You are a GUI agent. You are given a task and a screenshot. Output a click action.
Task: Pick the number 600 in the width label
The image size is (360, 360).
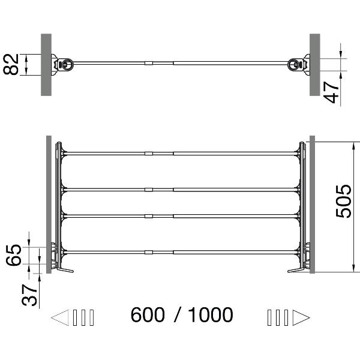(148, 314)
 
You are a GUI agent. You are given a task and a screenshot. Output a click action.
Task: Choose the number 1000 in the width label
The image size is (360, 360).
(210, 314)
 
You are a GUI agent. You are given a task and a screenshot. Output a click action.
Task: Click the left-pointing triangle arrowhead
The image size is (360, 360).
(61, 317)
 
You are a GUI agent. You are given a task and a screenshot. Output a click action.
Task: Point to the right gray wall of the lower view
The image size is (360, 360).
(313, 204)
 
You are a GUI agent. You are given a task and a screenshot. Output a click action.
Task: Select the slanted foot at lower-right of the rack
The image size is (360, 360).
(296, 269)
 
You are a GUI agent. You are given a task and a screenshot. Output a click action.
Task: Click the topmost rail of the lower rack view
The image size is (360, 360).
(180, 154)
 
